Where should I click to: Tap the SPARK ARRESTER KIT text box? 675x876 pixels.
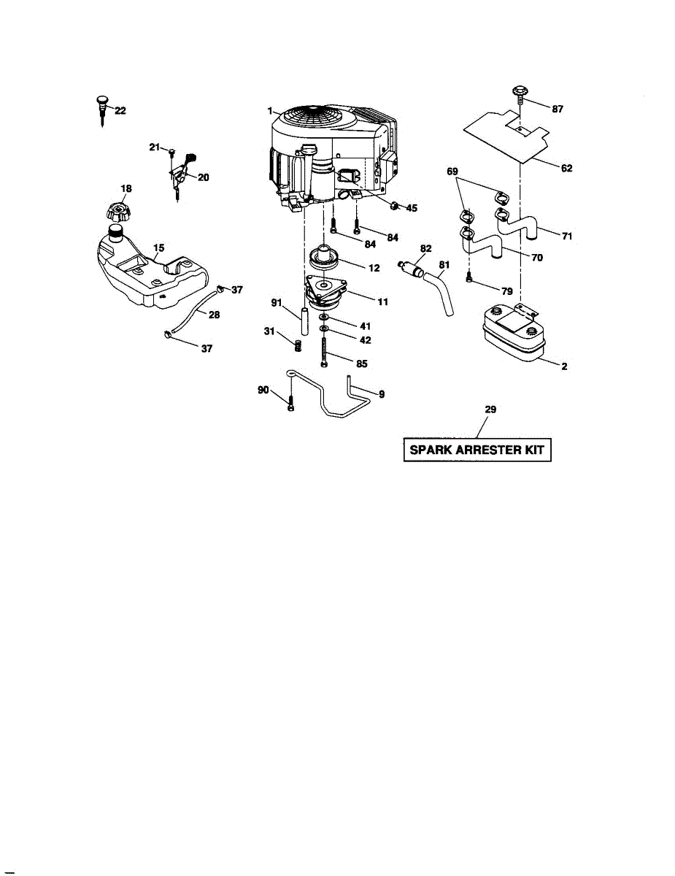coord(477,450)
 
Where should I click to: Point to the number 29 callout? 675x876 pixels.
coord(490,410)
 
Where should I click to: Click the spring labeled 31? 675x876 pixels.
coord(297,344)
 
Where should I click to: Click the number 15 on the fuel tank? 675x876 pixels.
coord(158,248)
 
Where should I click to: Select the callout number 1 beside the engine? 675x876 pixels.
coord(270,111)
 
